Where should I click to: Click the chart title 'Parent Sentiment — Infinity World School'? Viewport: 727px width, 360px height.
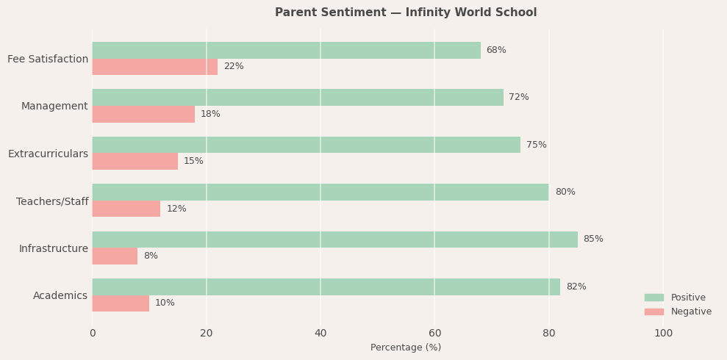click(406, 12)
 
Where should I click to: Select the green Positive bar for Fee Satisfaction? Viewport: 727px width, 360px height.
click(286, 50)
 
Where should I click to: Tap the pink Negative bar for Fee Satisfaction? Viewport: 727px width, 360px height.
click(154, 67)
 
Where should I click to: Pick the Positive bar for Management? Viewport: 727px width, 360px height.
click(298, 97)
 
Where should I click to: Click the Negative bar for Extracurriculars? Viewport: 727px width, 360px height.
click(135, 162)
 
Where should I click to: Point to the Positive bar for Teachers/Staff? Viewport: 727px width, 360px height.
click(320, 192)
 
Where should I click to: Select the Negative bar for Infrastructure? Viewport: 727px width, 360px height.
click(115, 256)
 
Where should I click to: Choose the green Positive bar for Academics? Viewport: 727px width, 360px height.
click(326, 287)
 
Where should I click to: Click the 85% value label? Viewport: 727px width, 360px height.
click(593, 240)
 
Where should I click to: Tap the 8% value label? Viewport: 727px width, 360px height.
click(151, 256)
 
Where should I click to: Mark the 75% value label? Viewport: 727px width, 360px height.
click(537, 145)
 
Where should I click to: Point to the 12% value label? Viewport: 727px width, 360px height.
click(176, 209)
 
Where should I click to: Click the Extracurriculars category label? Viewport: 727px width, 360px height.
click(48, 154)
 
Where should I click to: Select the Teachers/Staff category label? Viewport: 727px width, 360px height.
click(52, 201)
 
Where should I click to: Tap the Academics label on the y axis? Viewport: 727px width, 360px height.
click(60, 296)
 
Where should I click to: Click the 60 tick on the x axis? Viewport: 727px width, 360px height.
click(434, 334)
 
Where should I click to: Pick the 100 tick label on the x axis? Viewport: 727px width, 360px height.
click(663, 334)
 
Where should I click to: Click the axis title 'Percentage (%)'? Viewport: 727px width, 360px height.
click(406, 348)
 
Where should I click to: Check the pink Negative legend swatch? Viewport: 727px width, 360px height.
click(654, 312)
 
